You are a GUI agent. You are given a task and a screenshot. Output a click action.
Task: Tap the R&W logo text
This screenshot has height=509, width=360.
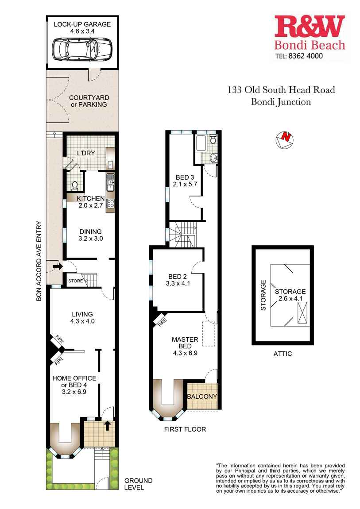pyautogui.click(x=310, y=27)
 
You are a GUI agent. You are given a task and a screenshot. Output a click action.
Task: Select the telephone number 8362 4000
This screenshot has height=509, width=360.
pyautogui.click(x=307, y=56)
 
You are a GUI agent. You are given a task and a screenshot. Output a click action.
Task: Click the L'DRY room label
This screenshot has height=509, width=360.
pyautogui.click(x=86, y=153)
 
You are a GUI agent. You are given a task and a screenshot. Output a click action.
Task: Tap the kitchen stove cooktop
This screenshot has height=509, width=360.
pyautogui.click(x=110, y=204)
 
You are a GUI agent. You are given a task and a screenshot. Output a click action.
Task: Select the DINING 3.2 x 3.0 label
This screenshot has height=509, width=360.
pyautogui.click(x=90, y=235)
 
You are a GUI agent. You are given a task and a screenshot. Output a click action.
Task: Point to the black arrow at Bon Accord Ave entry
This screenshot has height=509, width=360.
pyautogui.click(x=57, y=266)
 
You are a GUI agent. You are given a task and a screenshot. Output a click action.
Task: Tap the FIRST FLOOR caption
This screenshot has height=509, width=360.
pyautogui.click(x=185, y=429)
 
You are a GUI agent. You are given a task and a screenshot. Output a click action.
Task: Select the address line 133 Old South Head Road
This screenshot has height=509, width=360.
pyautogui.click(x=281, y=90)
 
